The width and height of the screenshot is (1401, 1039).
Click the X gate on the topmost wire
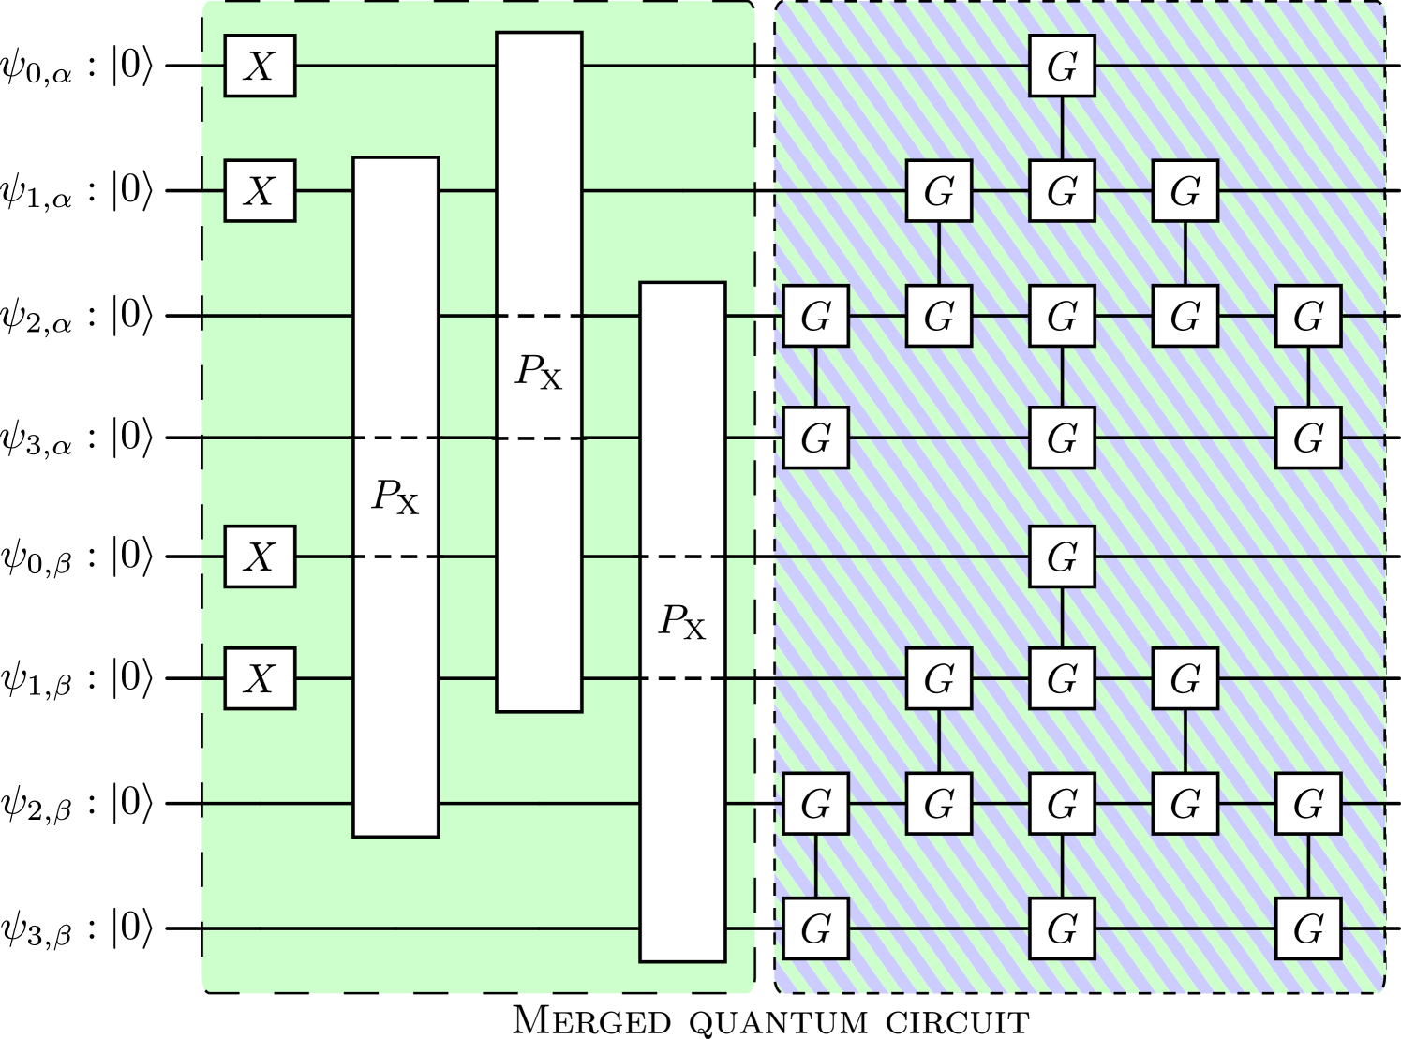[260, 66]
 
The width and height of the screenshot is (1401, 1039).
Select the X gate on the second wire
[260, 190]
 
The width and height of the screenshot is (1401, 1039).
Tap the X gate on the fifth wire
[260, 557]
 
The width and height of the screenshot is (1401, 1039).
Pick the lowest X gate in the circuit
[260, 677]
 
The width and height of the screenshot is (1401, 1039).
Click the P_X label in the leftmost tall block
[395, 497]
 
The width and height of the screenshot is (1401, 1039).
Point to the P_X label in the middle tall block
[539, 372]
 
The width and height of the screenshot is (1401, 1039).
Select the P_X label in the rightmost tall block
[682, 621]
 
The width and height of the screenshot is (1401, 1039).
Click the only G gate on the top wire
[1062, 66]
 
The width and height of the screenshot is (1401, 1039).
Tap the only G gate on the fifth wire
[1062, 557]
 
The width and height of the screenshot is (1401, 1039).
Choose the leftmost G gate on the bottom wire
[815, 928]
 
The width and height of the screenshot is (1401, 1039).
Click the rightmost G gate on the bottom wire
[1308, 928]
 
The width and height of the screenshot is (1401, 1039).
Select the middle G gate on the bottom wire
[1062, 928]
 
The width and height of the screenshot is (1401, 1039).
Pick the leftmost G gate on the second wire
[939, 190]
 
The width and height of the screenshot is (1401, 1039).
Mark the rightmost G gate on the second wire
[1185, 190]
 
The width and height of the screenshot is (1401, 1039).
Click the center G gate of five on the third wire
[1062, 317]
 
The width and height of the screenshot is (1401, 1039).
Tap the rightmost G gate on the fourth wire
[1308, 438]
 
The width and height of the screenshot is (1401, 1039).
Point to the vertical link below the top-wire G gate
[1062, 127]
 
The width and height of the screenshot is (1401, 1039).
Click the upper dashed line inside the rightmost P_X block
[682, 557]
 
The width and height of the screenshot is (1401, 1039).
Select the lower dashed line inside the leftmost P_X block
[395, 557]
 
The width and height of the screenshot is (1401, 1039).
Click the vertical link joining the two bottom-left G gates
[815, 866]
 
